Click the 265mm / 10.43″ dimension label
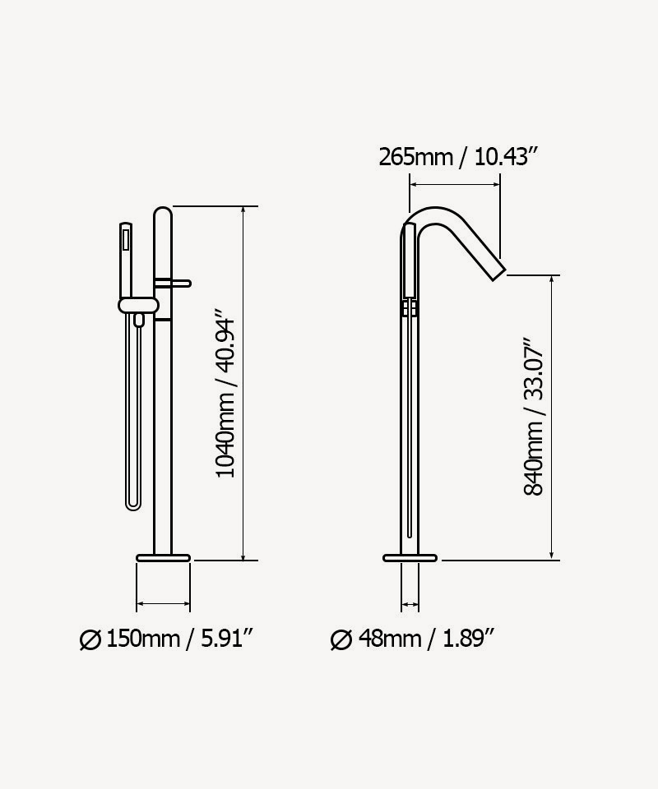tap(459, 157)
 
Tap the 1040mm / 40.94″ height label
tap(225, 398)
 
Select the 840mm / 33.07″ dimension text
tap(534, 417)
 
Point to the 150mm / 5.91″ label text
tap(178, 639)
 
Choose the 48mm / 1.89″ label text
tap(426, 639)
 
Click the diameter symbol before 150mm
tap(90, 639)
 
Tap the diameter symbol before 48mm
tap(341, 639)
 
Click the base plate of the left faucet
tap(163, 557)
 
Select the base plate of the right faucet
tap(410, 557)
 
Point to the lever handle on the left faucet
tap(173, 284)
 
